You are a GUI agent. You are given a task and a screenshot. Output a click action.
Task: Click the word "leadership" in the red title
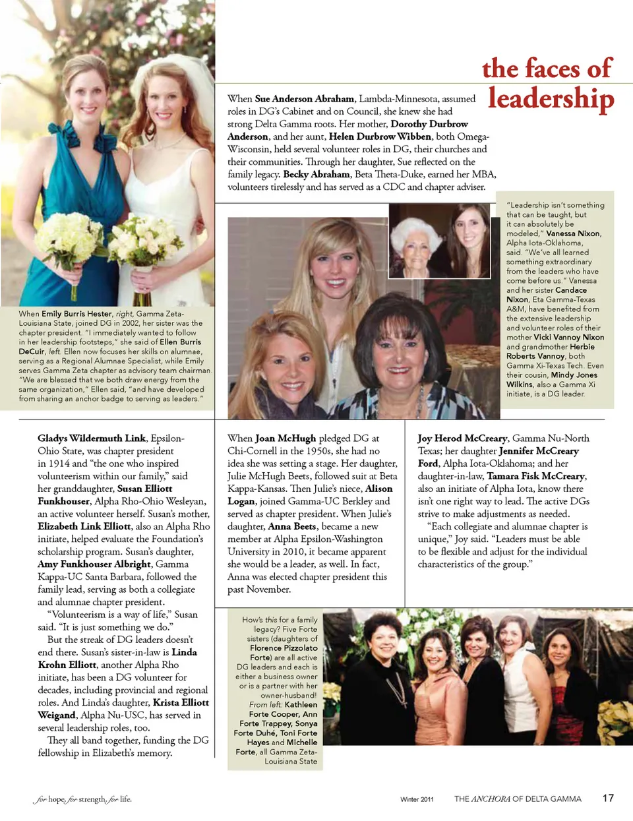pyautogui.click(x=551, y=99)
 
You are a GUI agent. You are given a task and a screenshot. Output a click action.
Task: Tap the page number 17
pyautogui.click(x=608, y=798)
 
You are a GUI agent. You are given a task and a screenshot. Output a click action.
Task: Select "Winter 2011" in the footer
pyautogui.click(x=417, y=799)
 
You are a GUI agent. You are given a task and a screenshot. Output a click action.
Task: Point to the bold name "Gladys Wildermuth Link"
pyautogui.click(x=92, y=438)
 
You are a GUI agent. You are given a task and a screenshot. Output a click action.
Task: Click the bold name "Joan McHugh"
pyautogui.click(x=286, y=438)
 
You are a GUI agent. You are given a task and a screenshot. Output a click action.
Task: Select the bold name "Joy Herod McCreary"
pyautogui.click(x=462, y=438)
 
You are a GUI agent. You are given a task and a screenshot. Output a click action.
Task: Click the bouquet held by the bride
pyautogui.click(x=145, y=244)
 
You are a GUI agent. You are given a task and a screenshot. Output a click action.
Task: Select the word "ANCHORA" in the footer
pyautogui.click(x=491, y=799)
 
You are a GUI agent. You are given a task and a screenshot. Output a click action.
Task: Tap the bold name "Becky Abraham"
pyautogui.click(x=316, y=174)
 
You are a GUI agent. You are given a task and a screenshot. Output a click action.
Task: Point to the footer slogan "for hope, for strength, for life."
pyautogui.click(x=82, y=799)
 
